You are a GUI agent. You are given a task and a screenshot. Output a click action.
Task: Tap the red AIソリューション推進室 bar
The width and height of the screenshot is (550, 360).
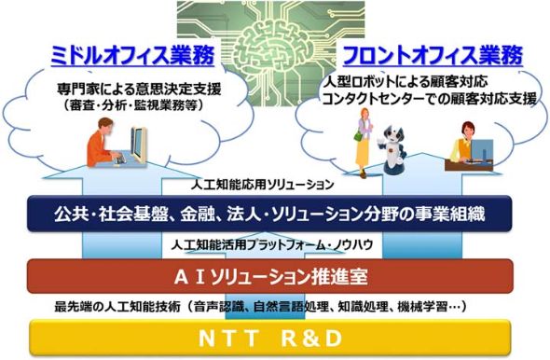[275, 276]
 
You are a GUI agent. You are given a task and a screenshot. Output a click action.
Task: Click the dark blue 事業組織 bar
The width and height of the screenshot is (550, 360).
[275, 216]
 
